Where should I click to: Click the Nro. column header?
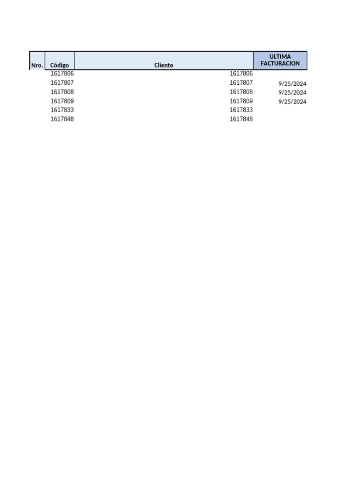(37, 65)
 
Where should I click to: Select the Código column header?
(60, 65)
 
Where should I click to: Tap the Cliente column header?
(164, 65)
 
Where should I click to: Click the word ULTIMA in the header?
(280, 57)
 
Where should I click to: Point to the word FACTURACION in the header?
(280, 63)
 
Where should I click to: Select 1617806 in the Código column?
(62, 74)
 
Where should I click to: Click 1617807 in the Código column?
(62, 82)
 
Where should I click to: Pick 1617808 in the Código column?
(62, 92)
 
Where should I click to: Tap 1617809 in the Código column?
(62, 101)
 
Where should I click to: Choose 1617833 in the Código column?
(62, 110)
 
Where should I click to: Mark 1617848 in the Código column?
(62, 119)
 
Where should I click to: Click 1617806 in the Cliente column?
(241, 74)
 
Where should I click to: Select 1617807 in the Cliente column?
(241, 82)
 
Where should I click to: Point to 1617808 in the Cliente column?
(241, 92)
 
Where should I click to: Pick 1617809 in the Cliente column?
(241, 101)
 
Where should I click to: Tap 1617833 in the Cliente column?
(241, 110)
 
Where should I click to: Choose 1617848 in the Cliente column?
(241, 119)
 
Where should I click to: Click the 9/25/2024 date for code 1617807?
(292, 84)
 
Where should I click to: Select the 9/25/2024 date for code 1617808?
(292, 93)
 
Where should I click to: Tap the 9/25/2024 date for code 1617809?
(292, 102)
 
